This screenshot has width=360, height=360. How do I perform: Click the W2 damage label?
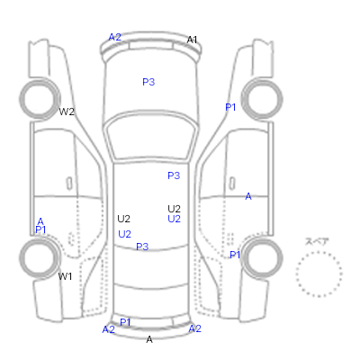point(67,112)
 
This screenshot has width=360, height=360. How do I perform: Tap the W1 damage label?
point(65,276)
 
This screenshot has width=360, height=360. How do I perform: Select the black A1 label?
point(192,40)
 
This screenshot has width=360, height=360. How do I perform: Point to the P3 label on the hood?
point(148,82)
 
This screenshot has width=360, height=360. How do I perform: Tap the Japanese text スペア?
point(317,241)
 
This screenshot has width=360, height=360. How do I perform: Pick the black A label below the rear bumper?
point(149,339)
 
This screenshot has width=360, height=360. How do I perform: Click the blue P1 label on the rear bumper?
point(125,322)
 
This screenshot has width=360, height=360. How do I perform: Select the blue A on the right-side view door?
point(248,196)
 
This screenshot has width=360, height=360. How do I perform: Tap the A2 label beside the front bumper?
point(114,37)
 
